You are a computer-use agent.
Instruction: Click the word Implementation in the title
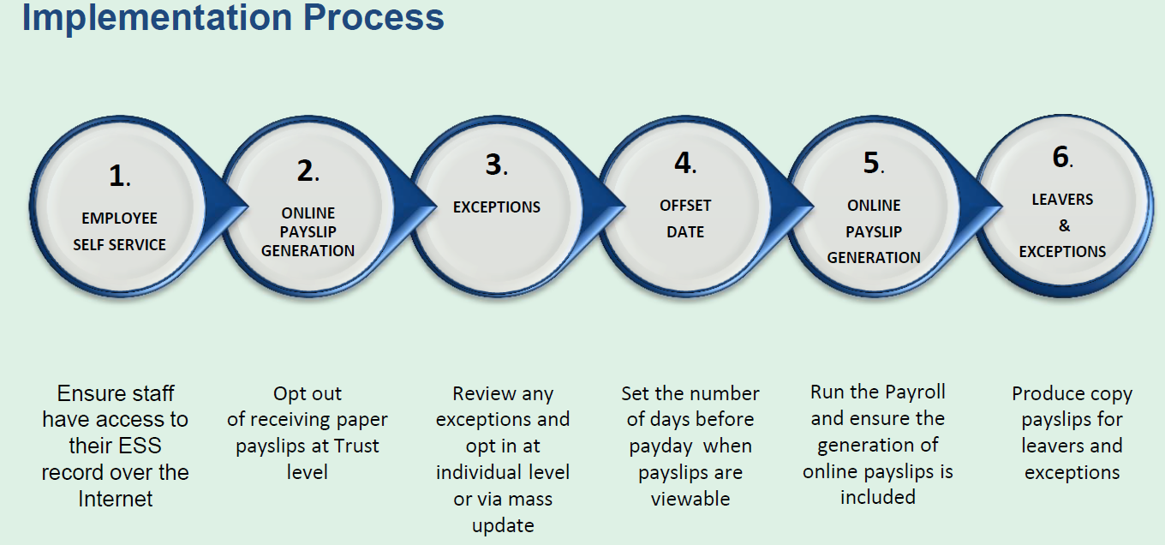pyautogui.click(x=158, y=19)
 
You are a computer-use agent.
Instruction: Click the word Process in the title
pyautogui.click(x=373, y=17)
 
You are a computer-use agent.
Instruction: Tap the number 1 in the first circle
pyautogui.click(x=116, y=176)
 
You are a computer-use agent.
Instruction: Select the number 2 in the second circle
pyautogui.click(x=305, y=171)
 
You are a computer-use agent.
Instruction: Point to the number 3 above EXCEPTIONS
pyautogui.click(x=493, y=165)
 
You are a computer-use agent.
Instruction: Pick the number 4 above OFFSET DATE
pyautogui.click(x=683, y=162)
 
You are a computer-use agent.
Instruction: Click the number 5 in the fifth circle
pyautogui.click(x=871, y=162)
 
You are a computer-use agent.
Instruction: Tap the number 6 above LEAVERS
pyautogui.click(x=1060, y=157)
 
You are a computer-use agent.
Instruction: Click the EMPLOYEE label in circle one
pyautogui.click(x=119, y=219)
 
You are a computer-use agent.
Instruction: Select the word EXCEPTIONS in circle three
pyautogui.click(x=497, y=207)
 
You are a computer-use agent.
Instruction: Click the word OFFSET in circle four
pyautogui.click(x=685, y=206)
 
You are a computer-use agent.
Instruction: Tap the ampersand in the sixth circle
pyautogui.click(x=1064, y=225)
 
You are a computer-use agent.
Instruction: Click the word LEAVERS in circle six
pyautogui.click(x=1062, y=199)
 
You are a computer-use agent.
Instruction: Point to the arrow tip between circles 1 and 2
pyautogui.click(x=248, y=207)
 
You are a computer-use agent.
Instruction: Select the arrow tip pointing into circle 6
pyautogui.click(x=1001, y=207)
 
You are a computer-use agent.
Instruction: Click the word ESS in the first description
pyautogui.click(x=140, y=446)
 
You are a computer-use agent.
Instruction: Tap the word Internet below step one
pyautogui.click(x=116, y=499)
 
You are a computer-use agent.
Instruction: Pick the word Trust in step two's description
pyautogui.click(x=356, y=446)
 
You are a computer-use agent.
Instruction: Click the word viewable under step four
pyautogui.click(x=690, y=499)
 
